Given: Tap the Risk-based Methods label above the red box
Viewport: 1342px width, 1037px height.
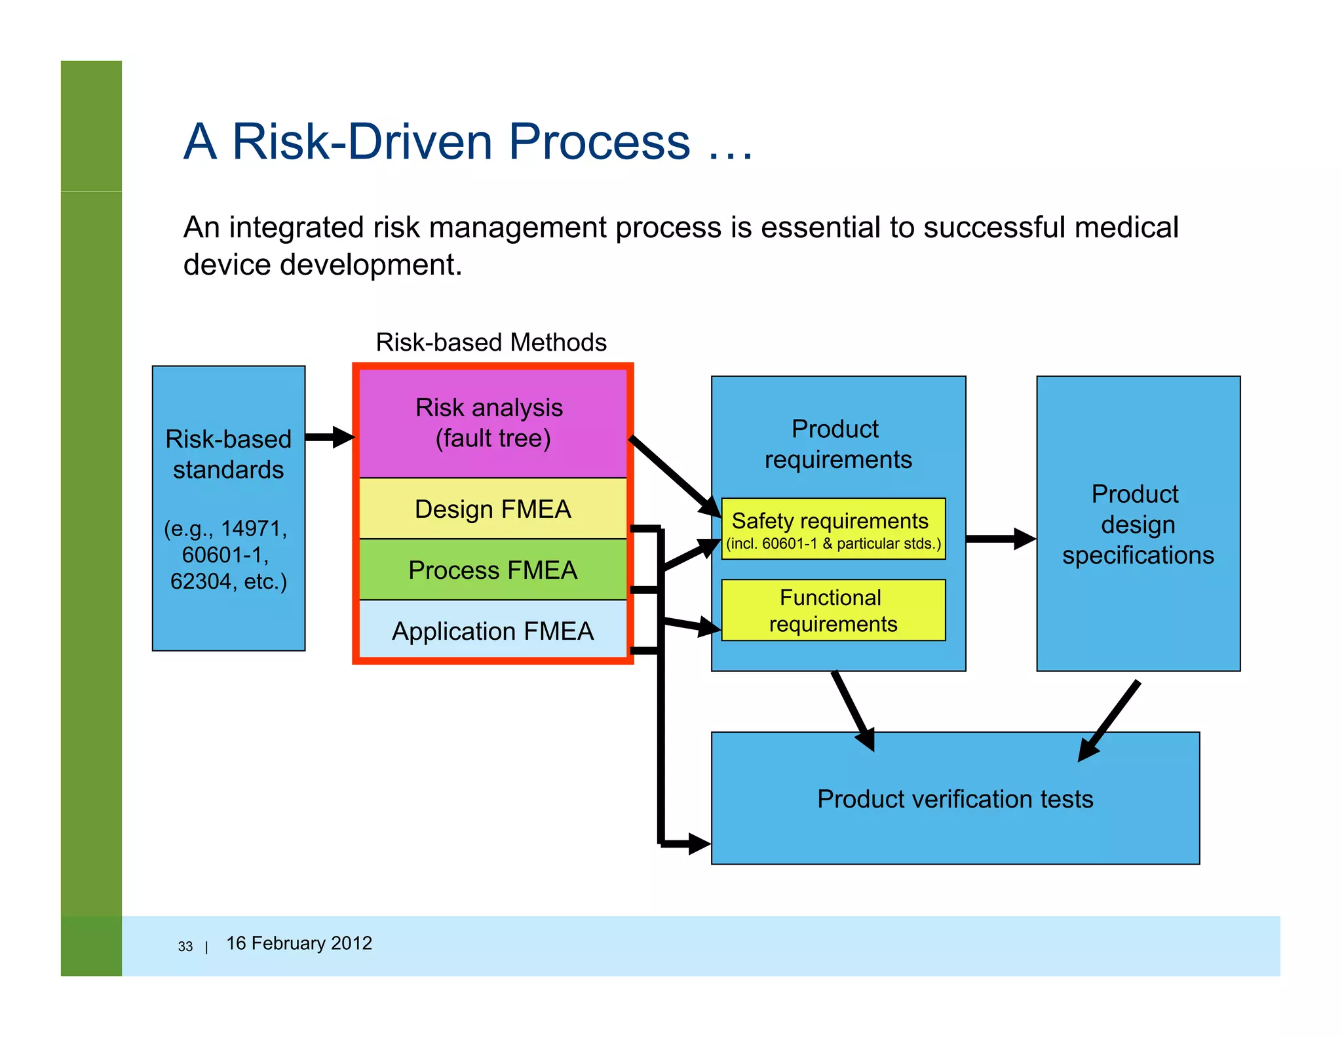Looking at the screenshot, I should (x=491, y=342).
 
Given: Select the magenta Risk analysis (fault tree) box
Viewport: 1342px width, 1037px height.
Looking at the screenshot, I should (x=492, y=423).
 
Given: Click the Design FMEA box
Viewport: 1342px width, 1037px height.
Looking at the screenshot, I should (x=492, y=509).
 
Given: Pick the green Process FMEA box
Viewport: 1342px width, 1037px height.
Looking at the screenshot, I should (x=492, y=570).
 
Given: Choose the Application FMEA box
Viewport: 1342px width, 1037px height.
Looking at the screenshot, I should (x=492, y=631).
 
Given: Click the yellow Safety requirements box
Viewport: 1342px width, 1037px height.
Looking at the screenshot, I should (x=832, y=528).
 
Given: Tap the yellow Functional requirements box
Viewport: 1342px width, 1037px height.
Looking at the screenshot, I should (x=832, y=610).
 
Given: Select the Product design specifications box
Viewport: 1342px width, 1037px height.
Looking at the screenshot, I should (x=1138, y=524).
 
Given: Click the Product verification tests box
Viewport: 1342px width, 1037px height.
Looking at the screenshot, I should (x=955, y=798).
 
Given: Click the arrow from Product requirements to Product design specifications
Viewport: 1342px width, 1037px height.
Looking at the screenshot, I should (x=1000, y=539).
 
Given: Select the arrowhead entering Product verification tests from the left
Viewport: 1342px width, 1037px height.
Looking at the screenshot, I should (x=699, y=844).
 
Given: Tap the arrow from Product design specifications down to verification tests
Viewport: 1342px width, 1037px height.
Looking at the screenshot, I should (x=1109, y=720).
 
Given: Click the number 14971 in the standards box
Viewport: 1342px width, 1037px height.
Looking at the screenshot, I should (x=253, y=528).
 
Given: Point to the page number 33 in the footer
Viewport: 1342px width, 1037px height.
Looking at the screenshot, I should (x=185, y=947).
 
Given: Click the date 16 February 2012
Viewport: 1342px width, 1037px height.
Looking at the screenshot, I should (x=299, y=943).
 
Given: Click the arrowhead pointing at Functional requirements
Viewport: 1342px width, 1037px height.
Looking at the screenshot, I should (x=709, y=627).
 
